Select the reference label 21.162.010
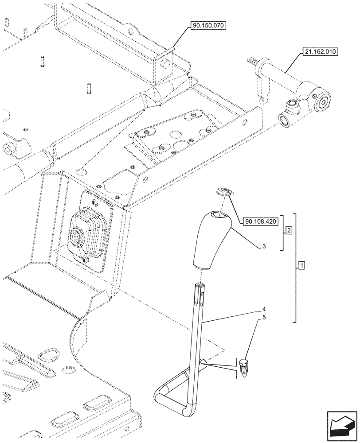[320, 52]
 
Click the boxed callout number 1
[301, 266]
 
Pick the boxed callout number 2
[289, 230]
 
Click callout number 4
[263, 309]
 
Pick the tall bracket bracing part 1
[295, 268]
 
